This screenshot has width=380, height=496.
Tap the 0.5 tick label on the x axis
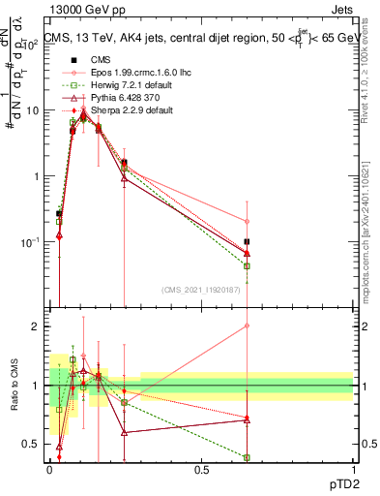click(201, 470)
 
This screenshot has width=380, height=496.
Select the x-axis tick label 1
click(353, 470)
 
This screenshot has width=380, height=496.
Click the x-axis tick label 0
click(50, 470)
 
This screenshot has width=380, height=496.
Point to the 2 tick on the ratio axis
click(36, 326)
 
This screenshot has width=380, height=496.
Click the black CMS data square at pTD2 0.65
click(248, 242)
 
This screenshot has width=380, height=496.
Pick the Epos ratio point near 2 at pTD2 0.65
click(248, 325)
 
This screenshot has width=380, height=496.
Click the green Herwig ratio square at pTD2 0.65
click(248, 457)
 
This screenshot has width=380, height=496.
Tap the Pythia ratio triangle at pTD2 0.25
click(125, 432)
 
